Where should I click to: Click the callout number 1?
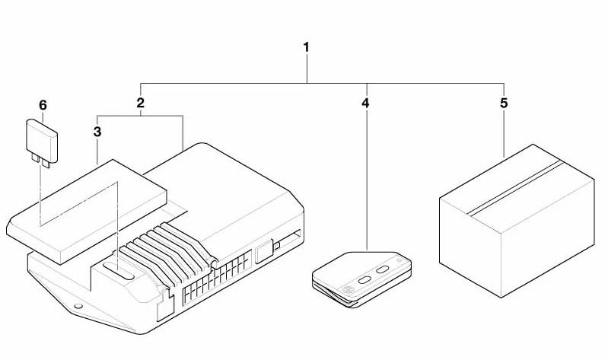click(x=307, y=47)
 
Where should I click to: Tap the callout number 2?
click(x=140, y=103)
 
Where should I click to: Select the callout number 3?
click(x=97, y=132)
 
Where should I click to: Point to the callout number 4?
click(x=365, y=104)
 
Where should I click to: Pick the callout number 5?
click(x=503, y=104)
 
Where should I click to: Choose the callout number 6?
click(x=43, y=105)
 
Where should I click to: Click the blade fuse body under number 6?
click(x=42, y=141)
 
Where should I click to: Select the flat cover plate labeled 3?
click(x=87, y=212)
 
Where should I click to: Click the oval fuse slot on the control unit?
click(x=118, y=270)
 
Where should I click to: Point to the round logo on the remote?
click(x=348, y=289)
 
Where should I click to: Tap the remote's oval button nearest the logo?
click(x=365, y=279)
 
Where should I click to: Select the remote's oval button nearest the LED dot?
click(x=383, y=269)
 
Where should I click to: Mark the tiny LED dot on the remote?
click(x=399, y=260)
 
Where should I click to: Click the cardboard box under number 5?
click(x=517, y=221)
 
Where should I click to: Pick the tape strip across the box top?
click(x=515, y=188)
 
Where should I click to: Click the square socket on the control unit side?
click(x=265, y=253)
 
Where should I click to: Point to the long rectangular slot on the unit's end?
click(x=288, y=240)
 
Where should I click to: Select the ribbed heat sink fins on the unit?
click(x=166, y=252)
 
